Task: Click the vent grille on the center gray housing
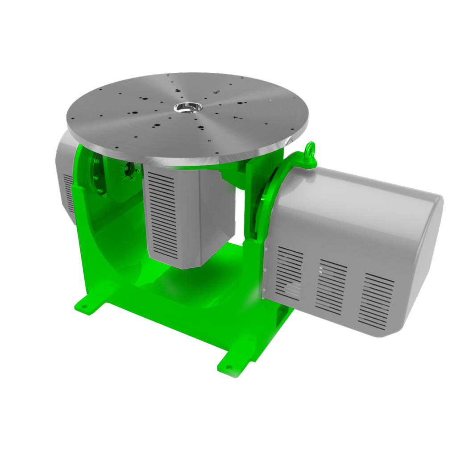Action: [x=163, y=214]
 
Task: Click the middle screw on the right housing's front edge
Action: [x=265, y=270]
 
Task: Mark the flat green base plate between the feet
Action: [x=179, y=312]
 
